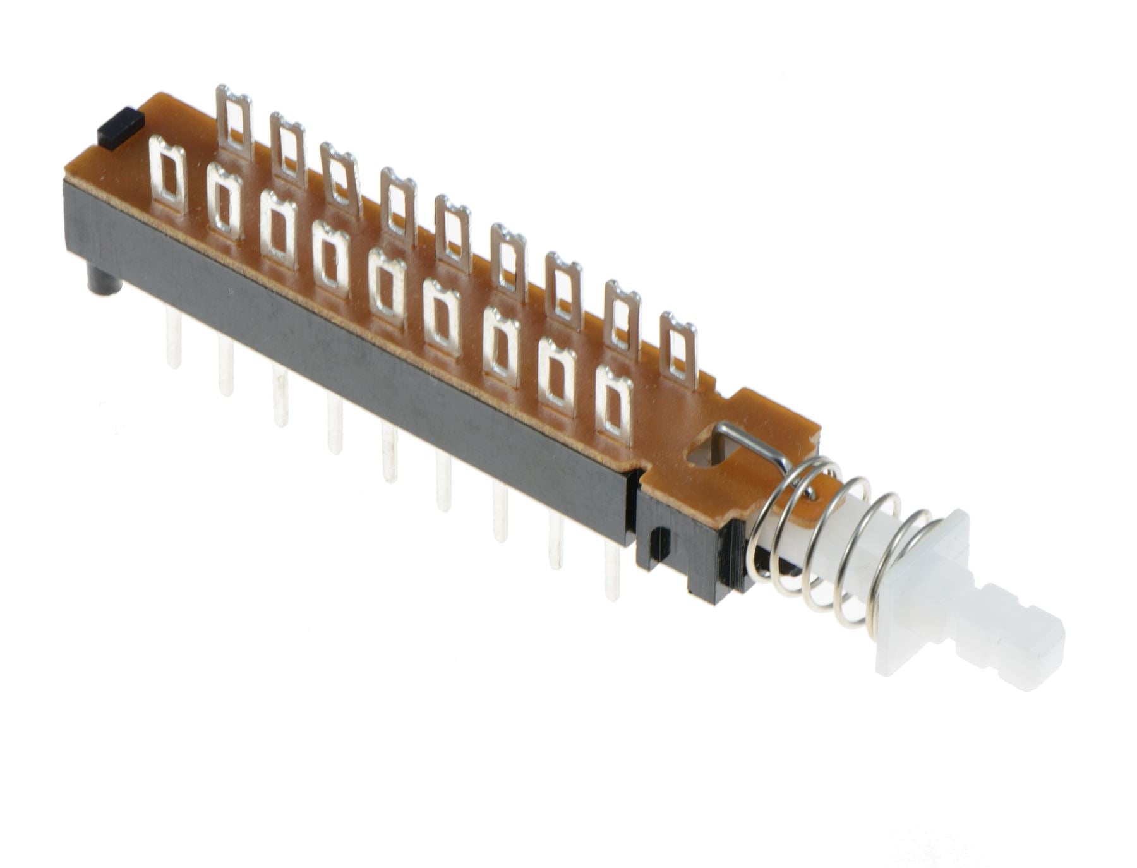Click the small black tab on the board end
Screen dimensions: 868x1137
[121, 128]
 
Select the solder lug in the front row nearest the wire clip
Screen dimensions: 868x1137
[615, 404]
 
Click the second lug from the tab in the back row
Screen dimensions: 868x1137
[288, 149]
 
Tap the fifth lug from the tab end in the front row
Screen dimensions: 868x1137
[388, 287]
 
